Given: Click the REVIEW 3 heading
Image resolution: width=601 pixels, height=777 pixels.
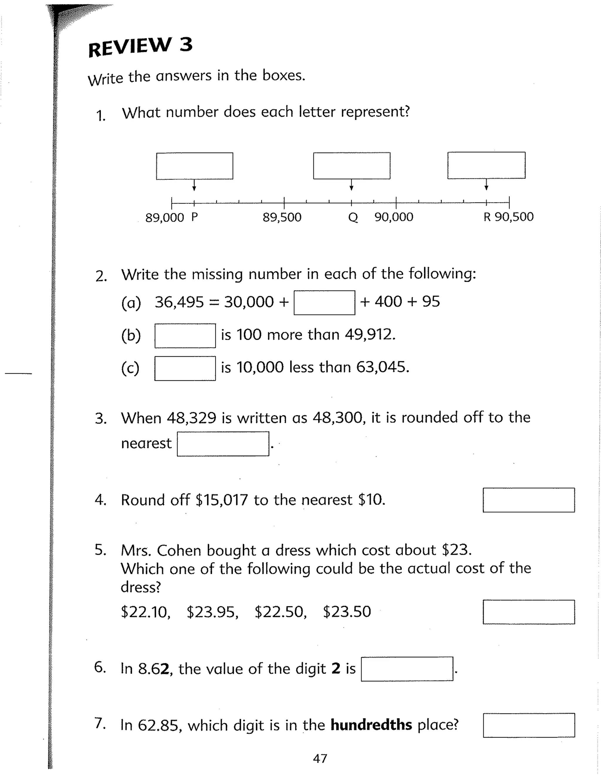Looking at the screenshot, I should [140, 47].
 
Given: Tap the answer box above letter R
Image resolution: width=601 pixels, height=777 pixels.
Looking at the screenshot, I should [486, 165].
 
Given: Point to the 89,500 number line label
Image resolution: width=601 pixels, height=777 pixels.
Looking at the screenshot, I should [282, 217].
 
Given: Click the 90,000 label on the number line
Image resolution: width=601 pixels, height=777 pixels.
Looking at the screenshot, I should [394, 217].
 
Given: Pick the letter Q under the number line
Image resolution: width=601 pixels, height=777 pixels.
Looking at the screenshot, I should [352, 217].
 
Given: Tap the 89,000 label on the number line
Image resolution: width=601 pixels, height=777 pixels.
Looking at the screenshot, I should [165, 217].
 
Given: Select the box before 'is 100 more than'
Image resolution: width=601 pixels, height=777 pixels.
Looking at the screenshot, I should [185, 335].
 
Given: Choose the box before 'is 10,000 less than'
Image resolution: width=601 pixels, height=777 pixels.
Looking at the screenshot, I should [185, 368].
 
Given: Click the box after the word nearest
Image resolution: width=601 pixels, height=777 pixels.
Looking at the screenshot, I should [223, 444].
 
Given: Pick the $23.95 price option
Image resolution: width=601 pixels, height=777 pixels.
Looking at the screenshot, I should [212, 612].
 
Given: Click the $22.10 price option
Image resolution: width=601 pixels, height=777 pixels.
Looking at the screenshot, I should [146, 612].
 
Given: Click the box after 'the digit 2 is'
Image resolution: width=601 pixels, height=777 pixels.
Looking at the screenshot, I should [407, 669].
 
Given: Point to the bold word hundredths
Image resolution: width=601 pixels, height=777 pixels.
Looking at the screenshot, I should [371, 725].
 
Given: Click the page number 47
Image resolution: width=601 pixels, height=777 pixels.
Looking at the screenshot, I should [320, 759].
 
